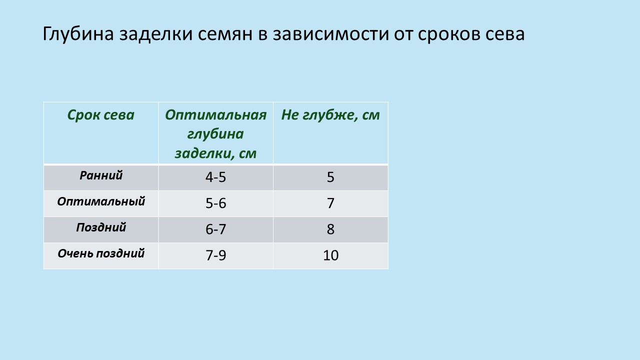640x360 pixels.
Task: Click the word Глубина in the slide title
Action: click(78, 34)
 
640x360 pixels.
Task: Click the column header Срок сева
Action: click(101, 115)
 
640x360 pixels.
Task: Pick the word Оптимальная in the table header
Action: click(215, 115)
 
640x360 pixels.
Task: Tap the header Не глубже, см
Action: click(330, 115)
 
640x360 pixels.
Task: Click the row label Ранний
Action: click(101, 175)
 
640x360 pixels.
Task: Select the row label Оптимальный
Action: click(101, 201)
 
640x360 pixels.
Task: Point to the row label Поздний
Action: click(101, 227)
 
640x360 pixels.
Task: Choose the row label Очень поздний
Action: click(101, 253)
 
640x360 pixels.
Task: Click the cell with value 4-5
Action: click(215, 177)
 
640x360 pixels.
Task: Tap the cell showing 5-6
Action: click(215, 203)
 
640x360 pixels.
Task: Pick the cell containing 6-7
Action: click(215, 229)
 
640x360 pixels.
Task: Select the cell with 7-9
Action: click(215, 255)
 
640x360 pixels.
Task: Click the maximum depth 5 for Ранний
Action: click(330, 177)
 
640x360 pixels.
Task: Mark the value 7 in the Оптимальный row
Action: click(330, 203)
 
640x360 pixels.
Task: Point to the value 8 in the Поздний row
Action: click(330, 229)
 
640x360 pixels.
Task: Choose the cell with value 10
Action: click(330, 255)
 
